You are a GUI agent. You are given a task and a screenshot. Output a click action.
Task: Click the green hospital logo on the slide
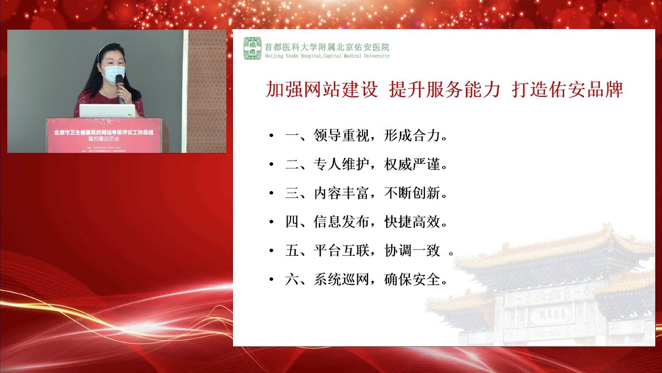[253, 49]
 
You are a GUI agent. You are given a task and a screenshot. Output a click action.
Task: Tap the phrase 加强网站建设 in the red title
[322, 90]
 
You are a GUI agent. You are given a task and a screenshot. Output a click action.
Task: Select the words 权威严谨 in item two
[416, 165]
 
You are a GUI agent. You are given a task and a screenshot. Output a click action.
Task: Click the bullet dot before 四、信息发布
[271, 222]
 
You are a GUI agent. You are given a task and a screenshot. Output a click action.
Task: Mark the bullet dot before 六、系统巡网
[271, 280]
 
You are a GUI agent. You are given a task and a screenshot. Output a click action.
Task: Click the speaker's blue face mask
[114, 74]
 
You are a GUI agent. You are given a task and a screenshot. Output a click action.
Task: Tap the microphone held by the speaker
[119, 81]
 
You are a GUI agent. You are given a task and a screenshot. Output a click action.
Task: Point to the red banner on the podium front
[107, 135]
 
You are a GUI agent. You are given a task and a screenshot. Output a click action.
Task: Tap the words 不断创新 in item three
[416, 193]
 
